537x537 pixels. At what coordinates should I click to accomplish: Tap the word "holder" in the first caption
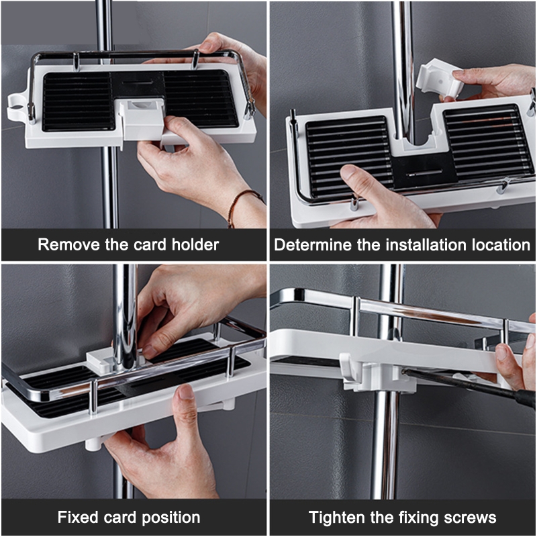pyautogui.click(x=195, y=244)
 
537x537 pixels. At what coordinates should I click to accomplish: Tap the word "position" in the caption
pyautogui.click(x=171, y=518)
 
